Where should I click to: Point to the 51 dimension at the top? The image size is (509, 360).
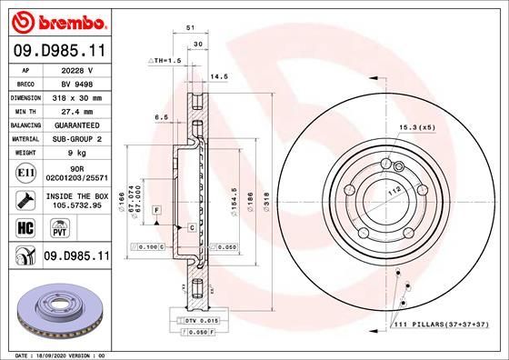pyautogui.click(x=191, y=29)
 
